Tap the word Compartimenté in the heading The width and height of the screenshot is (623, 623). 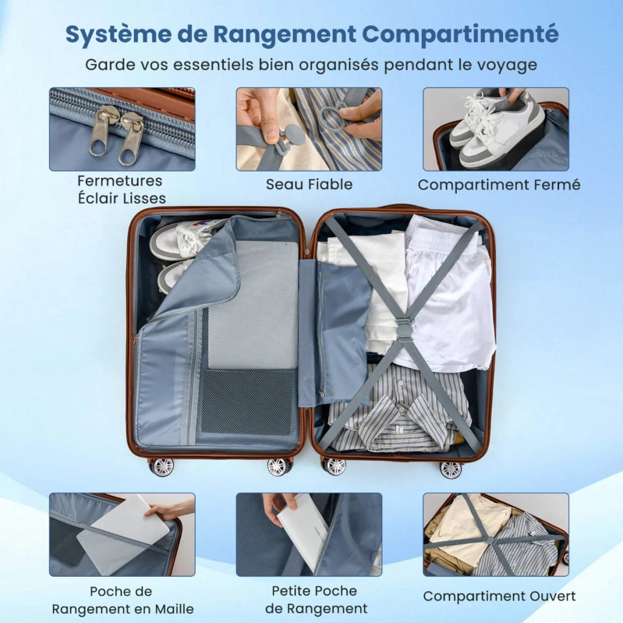pos(460,35)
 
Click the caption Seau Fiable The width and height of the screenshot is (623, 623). pos(309,184)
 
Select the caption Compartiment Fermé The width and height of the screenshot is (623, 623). pos(499,185)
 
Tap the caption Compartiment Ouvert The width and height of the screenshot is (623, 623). pos(499,596)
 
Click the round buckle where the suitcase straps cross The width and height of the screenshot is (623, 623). pos(403,330)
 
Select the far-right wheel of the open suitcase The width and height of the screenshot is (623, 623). pos(451,470)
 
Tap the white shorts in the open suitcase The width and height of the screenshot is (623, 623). pos(449,294)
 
